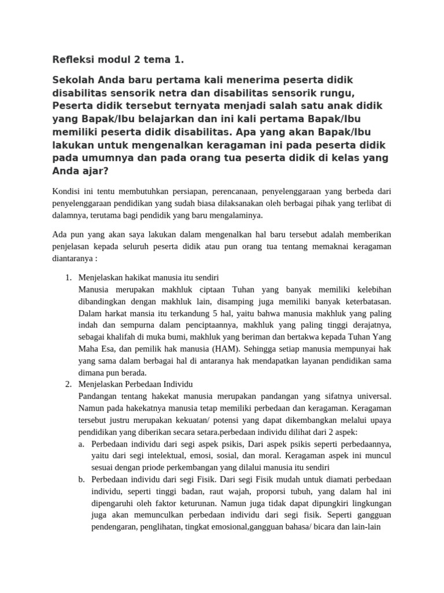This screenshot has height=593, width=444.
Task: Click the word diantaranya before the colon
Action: click(73, 259)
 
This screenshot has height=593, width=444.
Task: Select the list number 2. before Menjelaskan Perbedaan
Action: click(68, 384)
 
